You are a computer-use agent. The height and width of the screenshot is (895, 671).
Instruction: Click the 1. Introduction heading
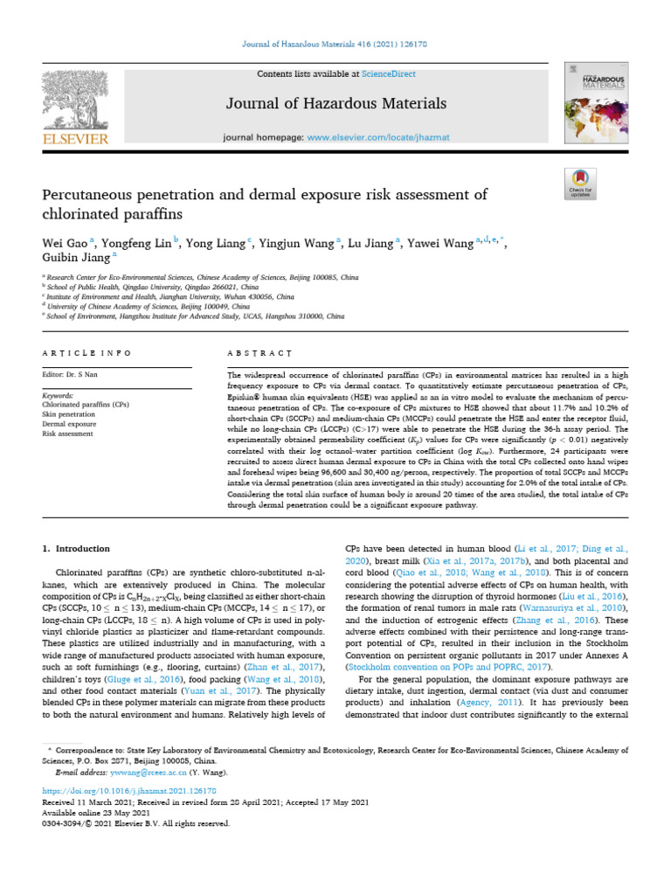(77, 549)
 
